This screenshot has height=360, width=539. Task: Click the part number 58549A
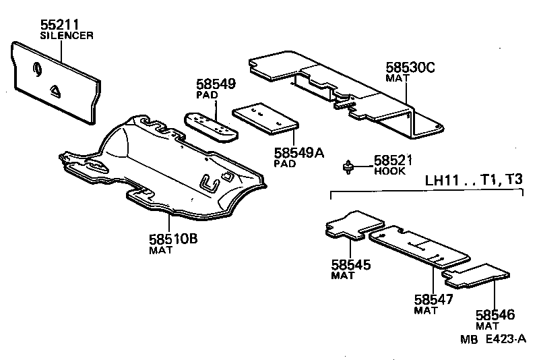pyautogui.click(x=298, y=153)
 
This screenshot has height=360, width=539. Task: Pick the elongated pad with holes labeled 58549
pyautogui.click(x=210, y=123)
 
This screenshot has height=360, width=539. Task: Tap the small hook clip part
pyautogui.click(x=349, y=167)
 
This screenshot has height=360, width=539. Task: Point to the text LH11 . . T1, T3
pyautogui.click(x=473, y=181)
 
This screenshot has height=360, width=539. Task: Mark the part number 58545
pyautogui.click(x=351, y=265)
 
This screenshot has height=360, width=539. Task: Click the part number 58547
pyautogui.click(x=434, y=300)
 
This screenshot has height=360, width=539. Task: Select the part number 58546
pyautogui.click(x=495, y=315)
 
